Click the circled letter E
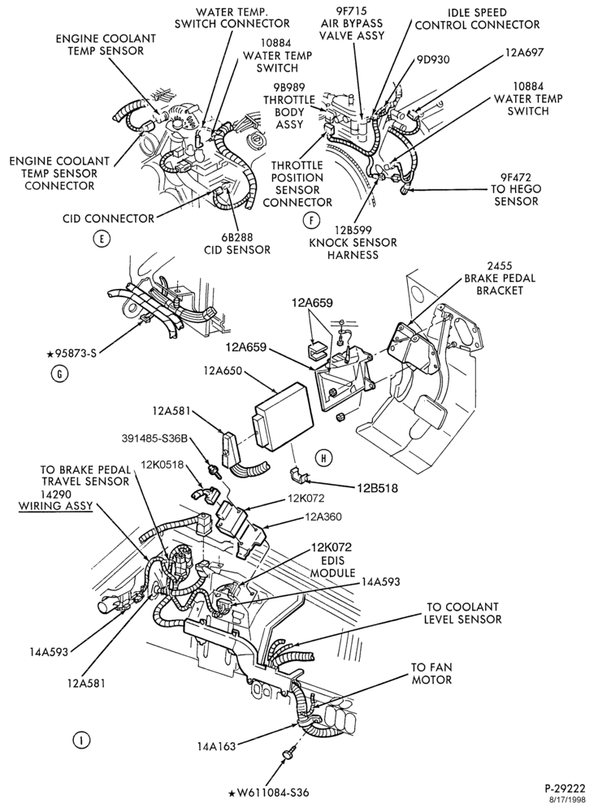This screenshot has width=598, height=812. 102,239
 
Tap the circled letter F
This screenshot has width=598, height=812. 311,221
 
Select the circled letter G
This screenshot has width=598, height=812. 60,374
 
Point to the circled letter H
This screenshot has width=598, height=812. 324,458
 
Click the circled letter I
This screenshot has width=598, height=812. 80,740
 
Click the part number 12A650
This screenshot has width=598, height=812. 223,371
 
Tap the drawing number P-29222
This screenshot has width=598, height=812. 565,788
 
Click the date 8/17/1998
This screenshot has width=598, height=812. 570,800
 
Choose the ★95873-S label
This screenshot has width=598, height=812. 72,354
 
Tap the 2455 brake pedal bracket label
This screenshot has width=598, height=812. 500,279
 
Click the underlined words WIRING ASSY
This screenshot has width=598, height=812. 55,505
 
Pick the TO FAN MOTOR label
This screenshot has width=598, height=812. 431,673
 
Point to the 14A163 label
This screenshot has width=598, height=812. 216,746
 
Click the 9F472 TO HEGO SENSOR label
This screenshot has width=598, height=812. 516,189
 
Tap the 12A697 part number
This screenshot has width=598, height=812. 525,52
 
